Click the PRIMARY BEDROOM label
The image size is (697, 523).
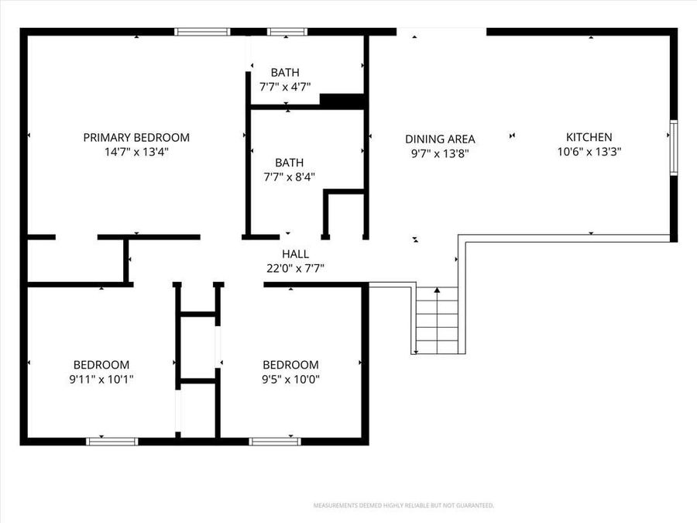[136, 137]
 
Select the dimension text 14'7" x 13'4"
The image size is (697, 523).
[136, 152]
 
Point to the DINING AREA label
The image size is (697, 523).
[440, 139]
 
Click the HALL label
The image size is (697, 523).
[295, 254]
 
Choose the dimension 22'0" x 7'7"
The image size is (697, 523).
[295, 268]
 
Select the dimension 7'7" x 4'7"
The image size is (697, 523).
[285, 87]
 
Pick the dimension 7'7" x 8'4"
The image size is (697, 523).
[290, 177]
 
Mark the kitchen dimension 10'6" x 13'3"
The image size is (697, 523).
[589, 152]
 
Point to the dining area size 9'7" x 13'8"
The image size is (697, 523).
[440, 153]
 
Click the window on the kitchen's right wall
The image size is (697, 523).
[674, 147]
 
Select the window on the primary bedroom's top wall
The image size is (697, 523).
[202, 32]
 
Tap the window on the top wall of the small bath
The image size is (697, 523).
[287, 32]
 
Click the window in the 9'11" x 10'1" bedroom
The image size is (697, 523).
[112, 442]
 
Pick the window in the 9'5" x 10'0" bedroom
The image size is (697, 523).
[275, 442]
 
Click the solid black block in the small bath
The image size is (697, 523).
[342, 99]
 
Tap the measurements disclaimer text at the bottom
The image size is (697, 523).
[403, 505]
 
